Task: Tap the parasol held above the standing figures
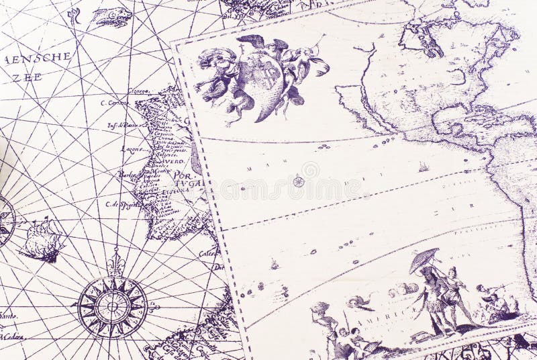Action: [x=424, y=260]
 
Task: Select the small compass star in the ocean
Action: [x=298, y=181]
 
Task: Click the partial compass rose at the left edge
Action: [x=5, y=222]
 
